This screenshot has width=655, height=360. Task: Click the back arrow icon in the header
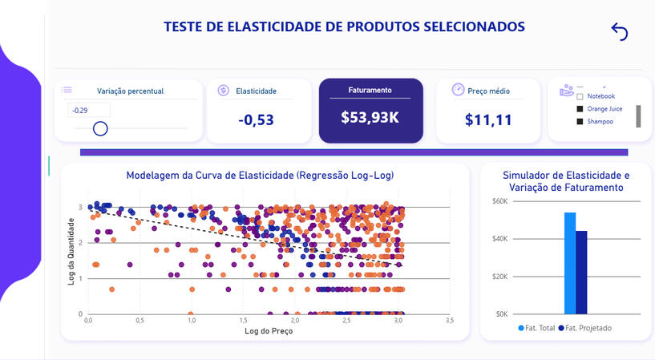tap(619, 31)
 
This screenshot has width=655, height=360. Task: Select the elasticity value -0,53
tap(257, 120)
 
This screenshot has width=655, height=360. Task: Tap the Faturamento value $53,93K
tap(370, 117)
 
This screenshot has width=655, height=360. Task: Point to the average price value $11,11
tap(488, 120)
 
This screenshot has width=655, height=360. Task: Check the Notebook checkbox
tap(580, 96)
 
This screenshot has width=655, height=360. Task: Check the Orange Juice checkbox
tap(580, 108)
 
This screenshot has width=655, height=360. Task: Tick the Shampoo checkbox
tap(580, 121)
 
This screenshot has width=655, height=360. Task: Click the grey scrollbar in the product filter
tap(638, 115)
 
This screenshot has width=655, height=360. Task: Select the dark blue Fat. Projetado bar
tap(581, 272)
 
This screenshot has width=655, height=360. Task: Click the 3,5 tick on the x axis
tap(450, 321)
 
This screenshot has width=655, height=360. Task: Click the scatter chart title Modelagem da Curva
tap(260, 175)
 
